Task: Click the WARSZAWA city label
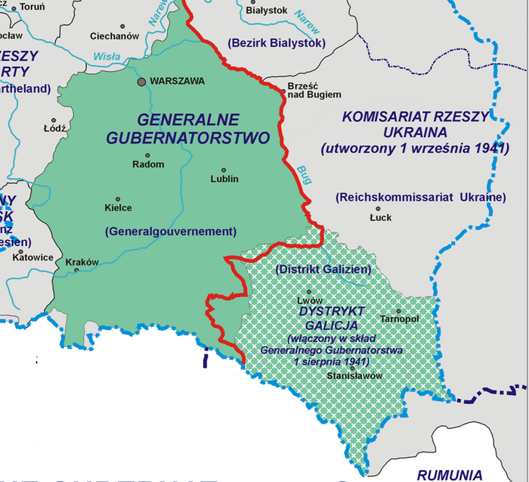(x=178, y=81)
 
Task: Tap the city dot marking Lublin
(x=224, y=170)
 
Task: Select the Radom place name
(x=148, y=164)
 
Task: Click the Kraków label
(x=82, y=263)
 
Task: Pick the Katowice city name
(x=32, y=257)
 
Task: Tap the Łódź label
(x=55, y=128)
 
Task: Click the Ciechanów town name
(x=115, y=36)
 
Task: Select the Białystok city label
(x=268, y=11)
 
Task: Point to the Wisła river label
(x=107, y=56)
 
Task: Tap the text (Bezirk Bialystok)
(x=277, y=43)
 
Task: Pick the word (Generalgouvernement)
(x=171, y=231)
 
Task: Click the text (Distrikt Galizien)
(x=323, y=269)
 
